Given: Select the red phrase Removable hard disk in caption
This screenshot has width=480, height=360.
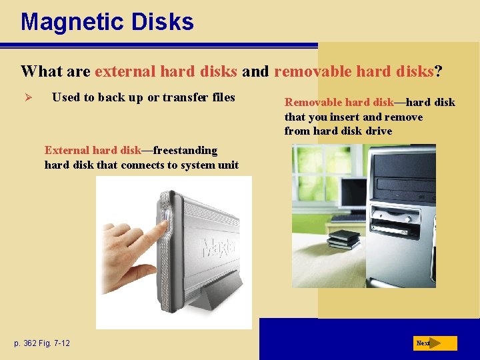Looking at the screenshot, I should point(339,102).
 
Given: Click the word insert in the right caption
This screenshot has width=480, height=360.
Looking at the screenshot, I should point(341,117).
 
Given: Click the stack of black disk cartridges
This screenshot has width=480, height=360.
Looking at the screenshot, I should point(343,239).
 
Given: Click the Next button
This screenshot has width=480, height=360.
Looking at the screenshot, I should point(435,343).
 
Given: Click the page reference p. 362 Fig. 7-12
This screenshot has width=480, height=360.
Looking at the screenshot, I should point(42,343).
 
